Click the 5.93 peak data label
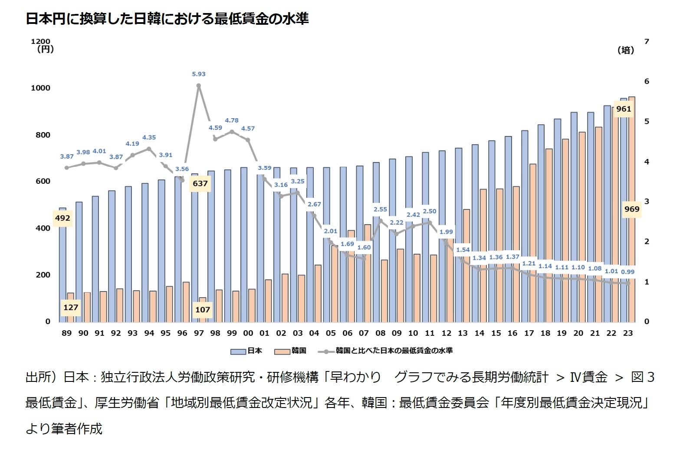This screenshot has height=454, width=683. [199, 74]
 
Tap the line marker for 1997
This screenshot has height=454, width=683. [199, 86]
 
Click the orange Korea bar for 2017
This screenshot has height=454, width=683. [533, 243]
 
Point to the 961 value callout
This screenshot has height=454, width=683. [624, 109]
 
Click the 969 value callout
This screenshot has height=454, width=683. [631, 209]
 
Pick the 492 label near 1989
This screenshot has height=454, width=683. [62, 218]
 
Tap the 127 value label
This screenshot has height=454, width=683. [71, 308]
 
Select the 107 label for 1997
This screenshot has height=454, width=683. [203, 310]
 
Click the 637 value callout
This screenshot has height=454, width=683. [200, 183]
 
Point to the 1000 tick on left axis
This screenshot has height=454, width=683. [40, 88]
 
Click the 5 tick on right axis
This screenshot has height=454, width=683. [647, 121]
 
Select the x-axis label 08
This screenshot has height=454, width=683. [380, 333]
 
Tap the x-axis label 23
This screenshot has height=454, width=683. [627, 333]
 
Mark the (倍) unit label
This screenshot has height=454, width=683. [625, 50]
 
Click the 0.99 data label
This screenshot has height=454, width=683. [627, 272]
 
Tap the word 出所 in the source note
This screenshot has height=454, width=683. [38, 377]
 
